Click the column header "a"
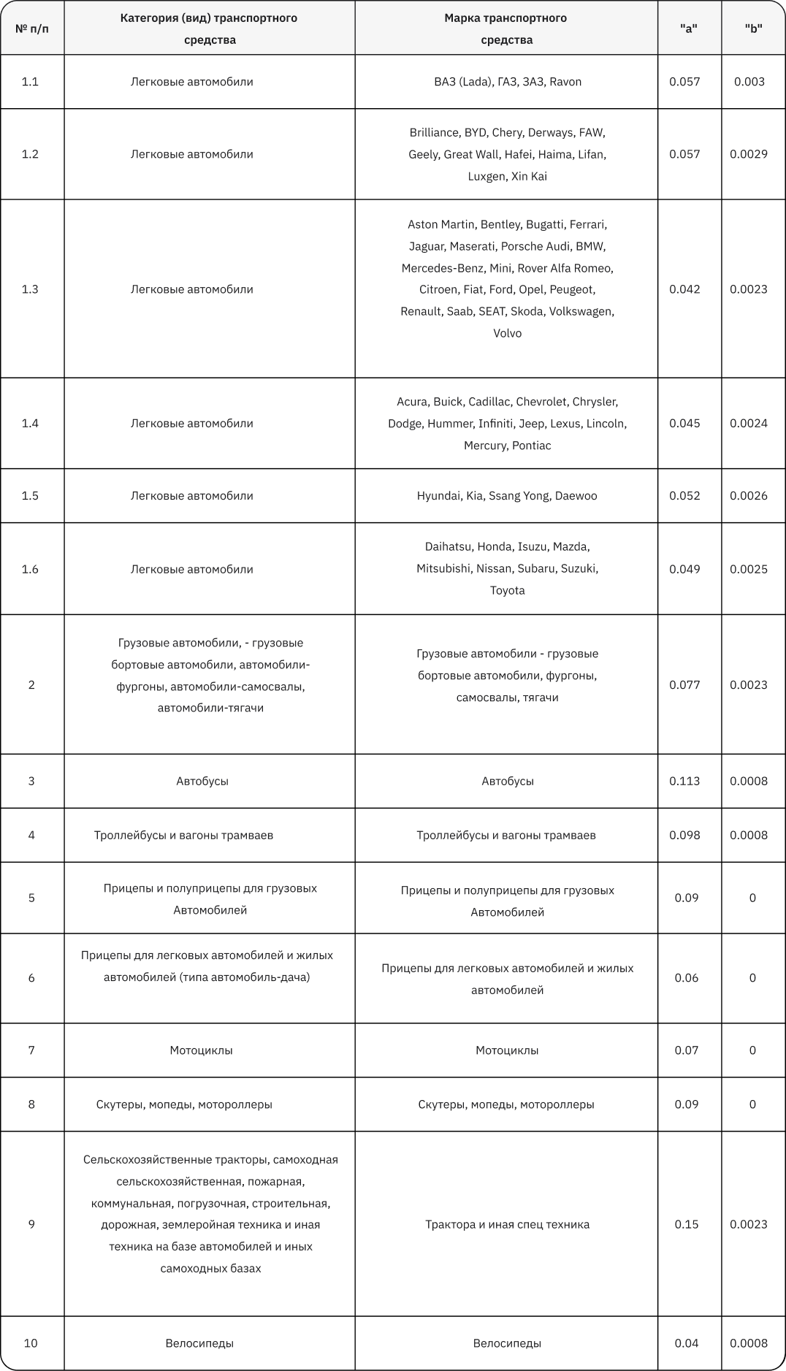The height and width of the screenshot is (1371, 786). click(x=688, y=28)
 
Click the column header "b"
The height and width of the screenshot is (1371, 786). click(x=753, y=28)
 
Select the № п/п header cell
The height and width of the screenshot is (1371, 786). click(x=32, y=28)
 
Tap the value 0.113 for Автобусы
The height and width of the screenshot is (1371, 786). click(x=684, y=781)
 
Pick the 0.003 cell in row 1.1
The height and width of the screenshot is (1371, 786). click(x=749, y=81)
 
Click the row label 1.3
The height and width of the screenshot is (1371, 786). click(x=30, y=289)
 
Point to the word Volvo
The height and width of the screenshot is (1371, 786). click(x=507, y=333)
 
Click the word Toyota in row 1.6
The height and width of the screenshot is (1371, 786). click(x=507, y=590)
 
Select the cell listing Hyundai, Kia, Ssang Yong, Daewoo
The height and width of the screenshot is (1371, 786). click(x=507, y=495)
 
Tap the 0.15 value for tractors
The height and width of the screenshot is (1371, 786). click(x=687, y=1223)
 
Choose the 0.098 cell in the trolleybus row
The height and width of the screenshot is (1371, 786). click(x=684, y=835)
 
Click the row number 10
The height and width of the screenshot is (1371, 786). click(x=31, y=1343)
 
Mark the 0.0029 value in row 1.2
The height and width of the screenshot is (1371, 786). click(x=749, y=153)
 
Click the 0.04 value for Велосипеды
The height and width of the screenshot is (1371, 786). click(x=687, y=1343)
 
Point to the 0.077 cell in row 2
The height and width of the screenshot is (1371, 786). click(x=684, y=684)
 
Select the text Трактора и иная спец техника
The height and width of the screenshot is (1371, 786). click(x=507, y=1223)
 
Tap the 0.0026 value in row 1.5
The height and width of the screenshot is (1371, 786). click(x=749, y=495)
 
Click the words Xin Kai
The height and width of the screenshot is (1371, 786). click(x=529, y=176)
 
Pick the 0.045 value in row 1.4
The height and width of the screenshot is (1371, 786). click(x=684, y=423)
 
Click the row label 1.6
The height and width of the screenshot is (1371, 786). click(x=30, y=569)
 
